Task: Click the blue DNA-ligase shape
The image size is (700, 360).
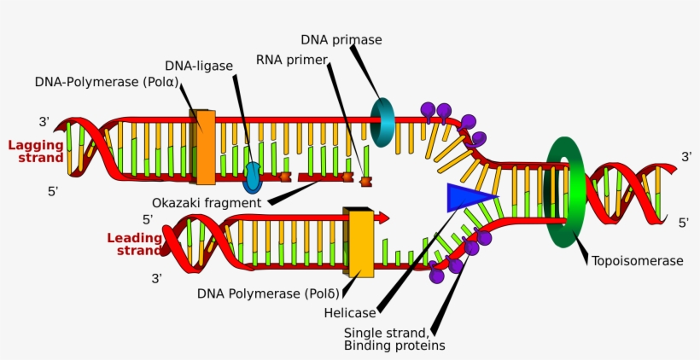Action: point(253,177)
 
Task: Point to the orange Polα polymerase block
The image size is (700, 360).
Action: point(204,147)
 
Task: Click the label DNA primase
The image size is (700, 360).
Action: point(341,40)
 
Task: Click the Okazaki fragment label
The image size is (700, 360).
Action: point(207,203)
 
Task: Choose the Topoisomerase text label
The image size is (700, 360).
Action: point(637,260)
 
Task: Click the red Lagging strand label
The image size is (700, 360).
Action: point(36,151)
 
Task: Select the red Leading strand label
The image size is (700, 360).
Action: point(134,244)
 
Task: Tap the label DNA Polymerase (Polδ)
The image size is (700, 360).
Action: point(260,293)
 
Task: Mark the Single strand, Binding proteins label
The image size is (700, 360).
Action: point(394,339)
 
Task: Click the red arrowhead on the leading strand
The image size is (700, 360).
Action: point(382,218)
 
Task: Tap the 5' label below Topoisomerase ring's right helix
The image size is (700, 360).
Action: point(684,223)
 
